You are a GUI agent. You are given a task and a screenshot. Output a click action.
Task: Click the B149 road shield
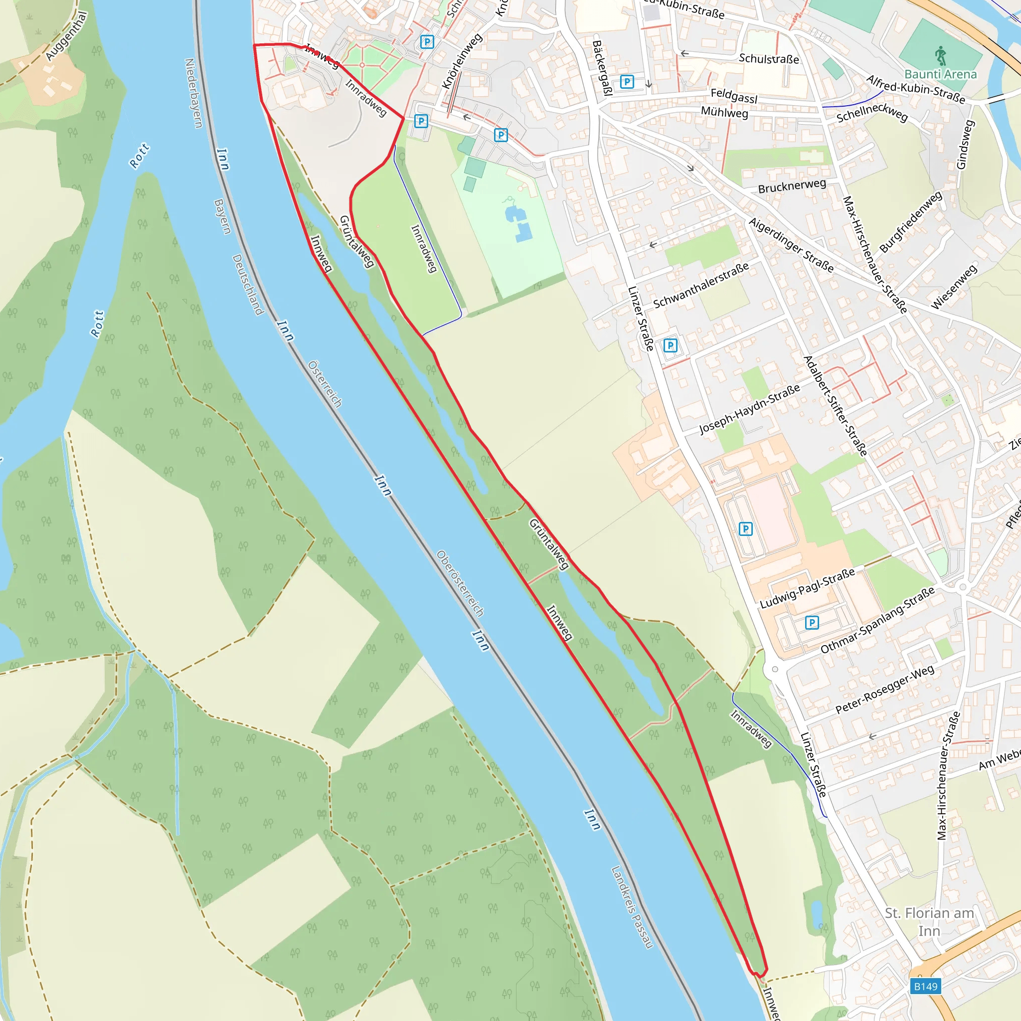pyautogui.click(x=925, y=986)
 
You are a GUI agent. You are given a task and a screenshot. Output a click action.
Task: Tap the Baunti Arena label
pyautogui.click(x=941, y=74)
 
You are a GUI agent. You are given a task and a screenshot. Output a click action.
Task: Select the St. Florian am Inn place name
pyautogui.click(x=929, y=922)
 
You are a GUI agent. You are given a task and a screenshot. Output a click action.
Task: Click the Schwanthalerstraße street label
pyautogui.click(x=701, y=285)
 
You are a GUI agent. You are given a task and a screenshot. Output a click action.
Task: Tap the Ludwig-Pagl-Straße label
pyautogui.click(x=807, y=588)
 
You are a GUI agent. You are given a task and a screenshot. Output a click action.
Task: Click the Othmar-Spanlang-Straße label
pyautogui.click(x=877, y=620)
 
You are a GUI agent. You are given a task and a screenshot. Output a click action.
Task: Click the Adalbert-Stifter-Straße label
pyautogui.click(x=835, y=406)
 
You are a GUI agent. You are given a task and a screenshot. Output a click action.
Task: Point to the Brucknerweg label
pyautogui.click(x=792, y=186)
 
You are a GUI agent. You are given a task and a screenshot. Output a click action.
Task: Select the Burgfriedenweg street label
pyautogui.click(x=910, y=222)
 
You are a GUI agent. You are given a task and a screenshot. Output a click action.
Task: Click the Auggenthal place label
pyautogui.click(x=66, y=36)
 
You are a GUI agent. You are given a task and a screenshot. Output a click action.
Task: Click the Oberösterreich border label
pyautogui.click(x=460, y=583)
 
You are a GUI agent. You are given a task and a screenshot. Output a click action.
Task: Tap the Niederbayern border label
pyautogui.click(x=193, y=93)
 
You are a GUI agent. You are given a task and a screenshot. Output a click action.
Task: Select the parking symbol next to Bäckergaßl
pyautogui.click(x=627, y=82)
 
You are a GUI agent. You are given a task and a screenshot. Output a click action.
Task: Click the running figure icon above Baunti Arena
pyautogui.click(x=940, y=55)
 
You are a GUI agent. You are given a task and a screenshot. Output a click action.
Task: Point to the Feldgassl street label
pyautogui.click(x=733, y=96)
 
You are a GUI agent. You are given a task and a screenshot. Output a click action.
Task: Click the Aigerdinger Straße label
pyautogui.click(x=791, y=245)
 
